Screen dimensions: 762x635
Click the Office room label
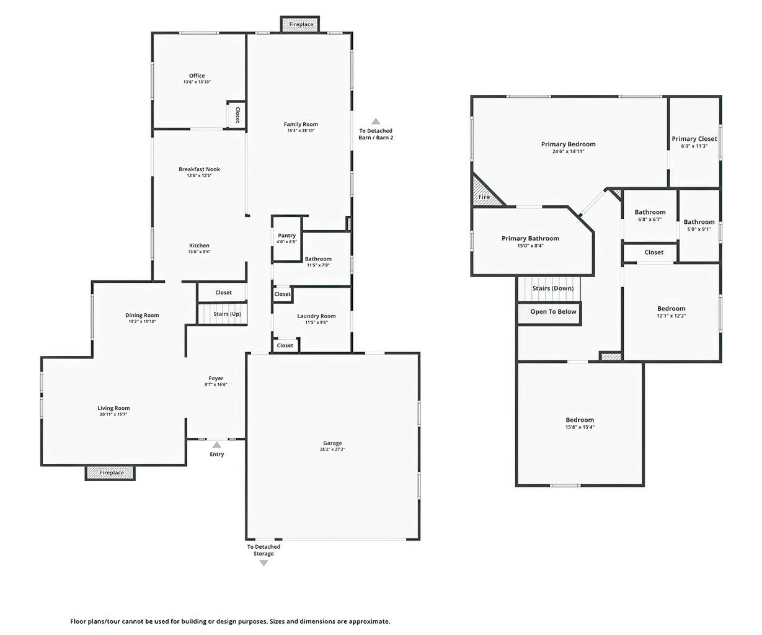197,76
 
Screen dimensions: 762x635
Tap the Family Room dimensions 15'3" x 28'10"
301,130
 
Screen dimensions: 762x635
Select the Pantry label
286,236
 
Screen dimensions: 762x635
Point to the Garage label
332,443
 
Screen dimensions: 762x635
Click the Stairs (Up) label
227,314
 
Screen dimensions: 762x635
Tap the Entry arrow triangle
217,445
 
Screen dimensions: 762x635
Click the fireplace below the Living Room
110,473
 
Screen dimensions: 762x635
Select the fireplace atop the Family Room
300,24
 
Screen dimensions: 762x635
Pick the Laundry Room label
316,316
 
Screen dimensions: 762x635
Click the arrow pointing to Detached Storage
264,563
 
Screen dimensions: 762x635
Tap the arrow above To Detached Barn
376,121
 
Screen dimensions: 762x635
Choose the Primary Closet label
694,139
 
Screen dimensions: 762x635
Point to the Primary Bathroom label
530,238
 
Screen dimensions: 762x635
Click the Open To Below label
553,312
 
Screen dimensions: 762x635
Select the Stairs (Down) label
553,288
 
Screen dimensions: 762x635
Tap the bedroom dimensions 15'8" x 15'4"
580,427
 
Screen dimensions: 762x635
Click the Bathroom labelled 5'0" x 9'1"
699,222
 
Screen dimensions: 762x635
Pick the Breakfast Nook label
199,169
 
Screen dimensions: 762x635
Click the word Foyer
216,378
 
